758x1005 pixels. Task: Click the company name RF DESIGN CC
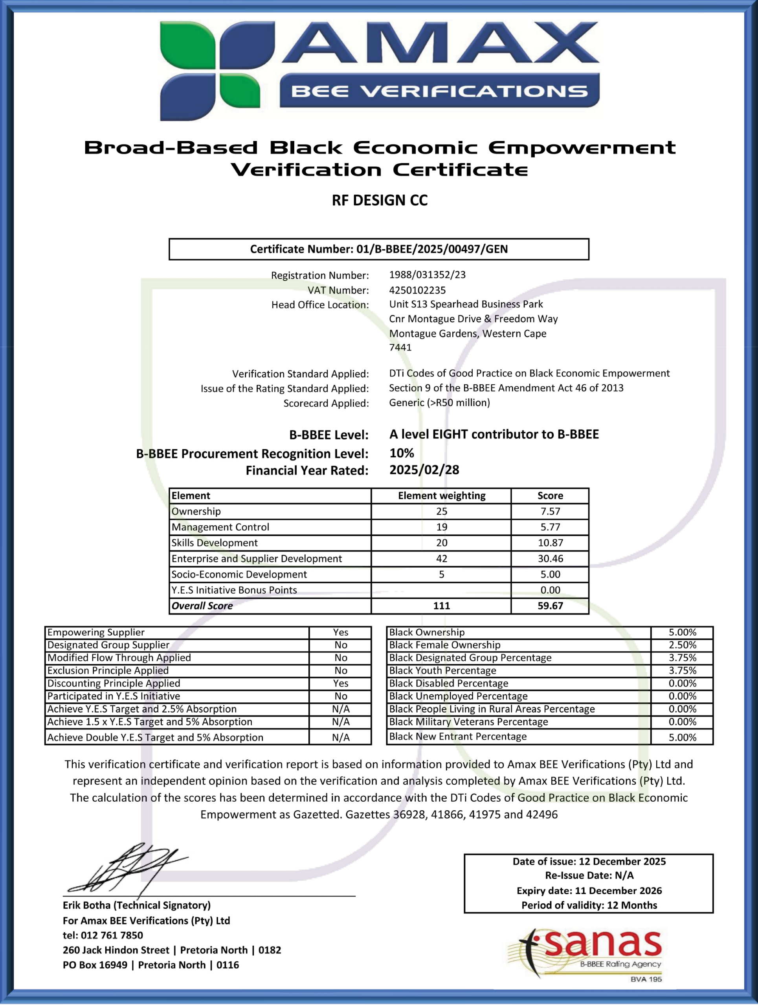(379, 200)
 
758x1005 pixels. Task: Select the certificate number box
(379, 249)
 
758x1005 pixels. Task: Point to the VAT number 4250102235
(417, 290)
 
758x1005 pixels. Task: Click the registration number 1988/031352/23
(427, 275)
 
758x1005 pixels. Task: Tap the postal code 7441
(400, 347)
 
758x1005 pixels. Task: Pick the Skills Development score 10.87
(550, 543)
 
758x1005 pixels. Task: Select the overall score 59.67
(550, 606)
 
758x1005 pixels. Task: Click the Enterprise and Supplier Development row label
(257, 558)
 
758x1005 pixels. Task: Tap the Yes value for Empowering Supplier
(340, 632)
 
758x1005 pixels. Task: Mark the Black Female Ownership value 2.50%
(682, 645)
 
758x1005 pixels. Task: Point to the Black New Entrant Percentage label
(457, 736)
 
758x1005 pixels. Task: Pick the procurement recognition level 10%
(402, 453)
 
